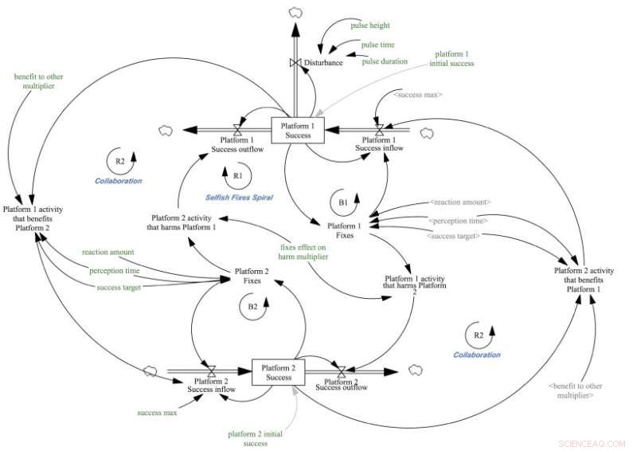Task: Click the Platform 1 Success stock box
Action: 296,130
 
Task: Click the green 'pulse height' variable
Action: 367,25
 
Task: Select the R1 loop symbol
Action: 236,174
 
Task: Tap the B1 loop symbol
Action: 342,203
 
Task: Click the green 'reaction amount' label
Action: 107,253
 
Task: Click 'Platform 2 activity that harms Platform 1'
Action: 184,221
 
